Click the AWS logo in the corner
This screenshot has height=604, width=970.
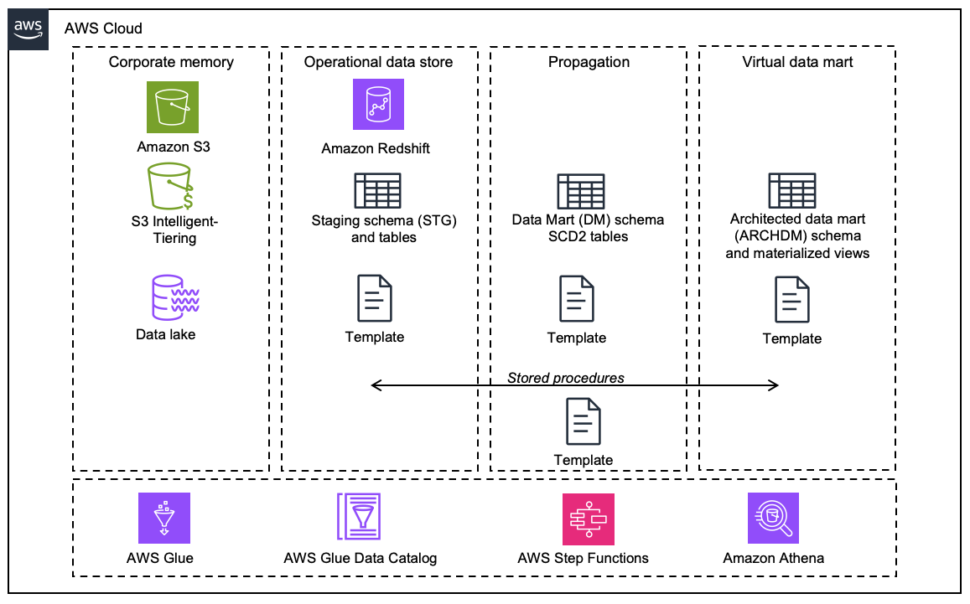[29, 29]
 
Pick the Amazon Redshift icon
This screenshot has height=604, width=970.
[378, 104]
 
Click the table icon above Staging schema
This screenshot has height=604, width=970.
[377, 191]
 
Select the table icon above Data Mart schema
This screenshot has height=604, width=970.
[581, 192]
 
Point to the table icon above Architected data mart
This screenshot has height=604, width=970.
[792, 192]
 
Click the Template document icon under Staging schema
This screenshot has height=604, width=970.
[374, 298]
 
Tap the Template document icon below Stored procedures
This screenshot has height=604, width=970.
[584, 421]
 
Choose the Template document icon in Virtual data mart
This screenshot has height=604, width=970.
[792, 300]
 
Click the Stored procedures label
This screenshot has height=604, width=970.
[566, 378]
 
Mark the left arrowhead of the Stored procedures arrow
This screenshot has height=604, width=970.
[374, 385]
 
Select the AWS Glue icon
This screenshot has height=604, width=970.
[164, 518]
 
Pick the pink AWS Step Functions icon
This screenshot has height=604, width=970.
[588, 518]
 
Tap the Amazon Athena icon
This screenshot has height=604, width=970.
[773, 518]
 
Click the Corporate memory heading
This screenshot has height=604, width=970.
[171, 62]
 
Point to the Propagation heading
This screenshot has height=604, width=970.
[589, 62]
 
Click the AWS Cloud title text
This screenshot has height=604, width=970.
[103, 28]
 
